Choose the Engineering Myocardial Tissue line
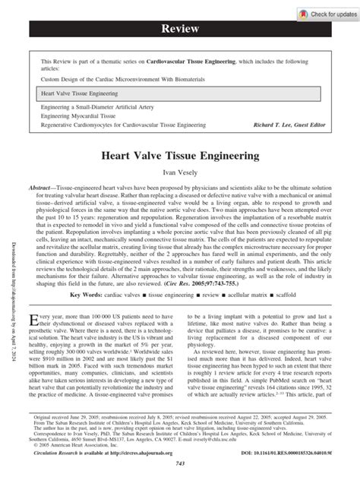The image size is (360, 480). tap(78, 118)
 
